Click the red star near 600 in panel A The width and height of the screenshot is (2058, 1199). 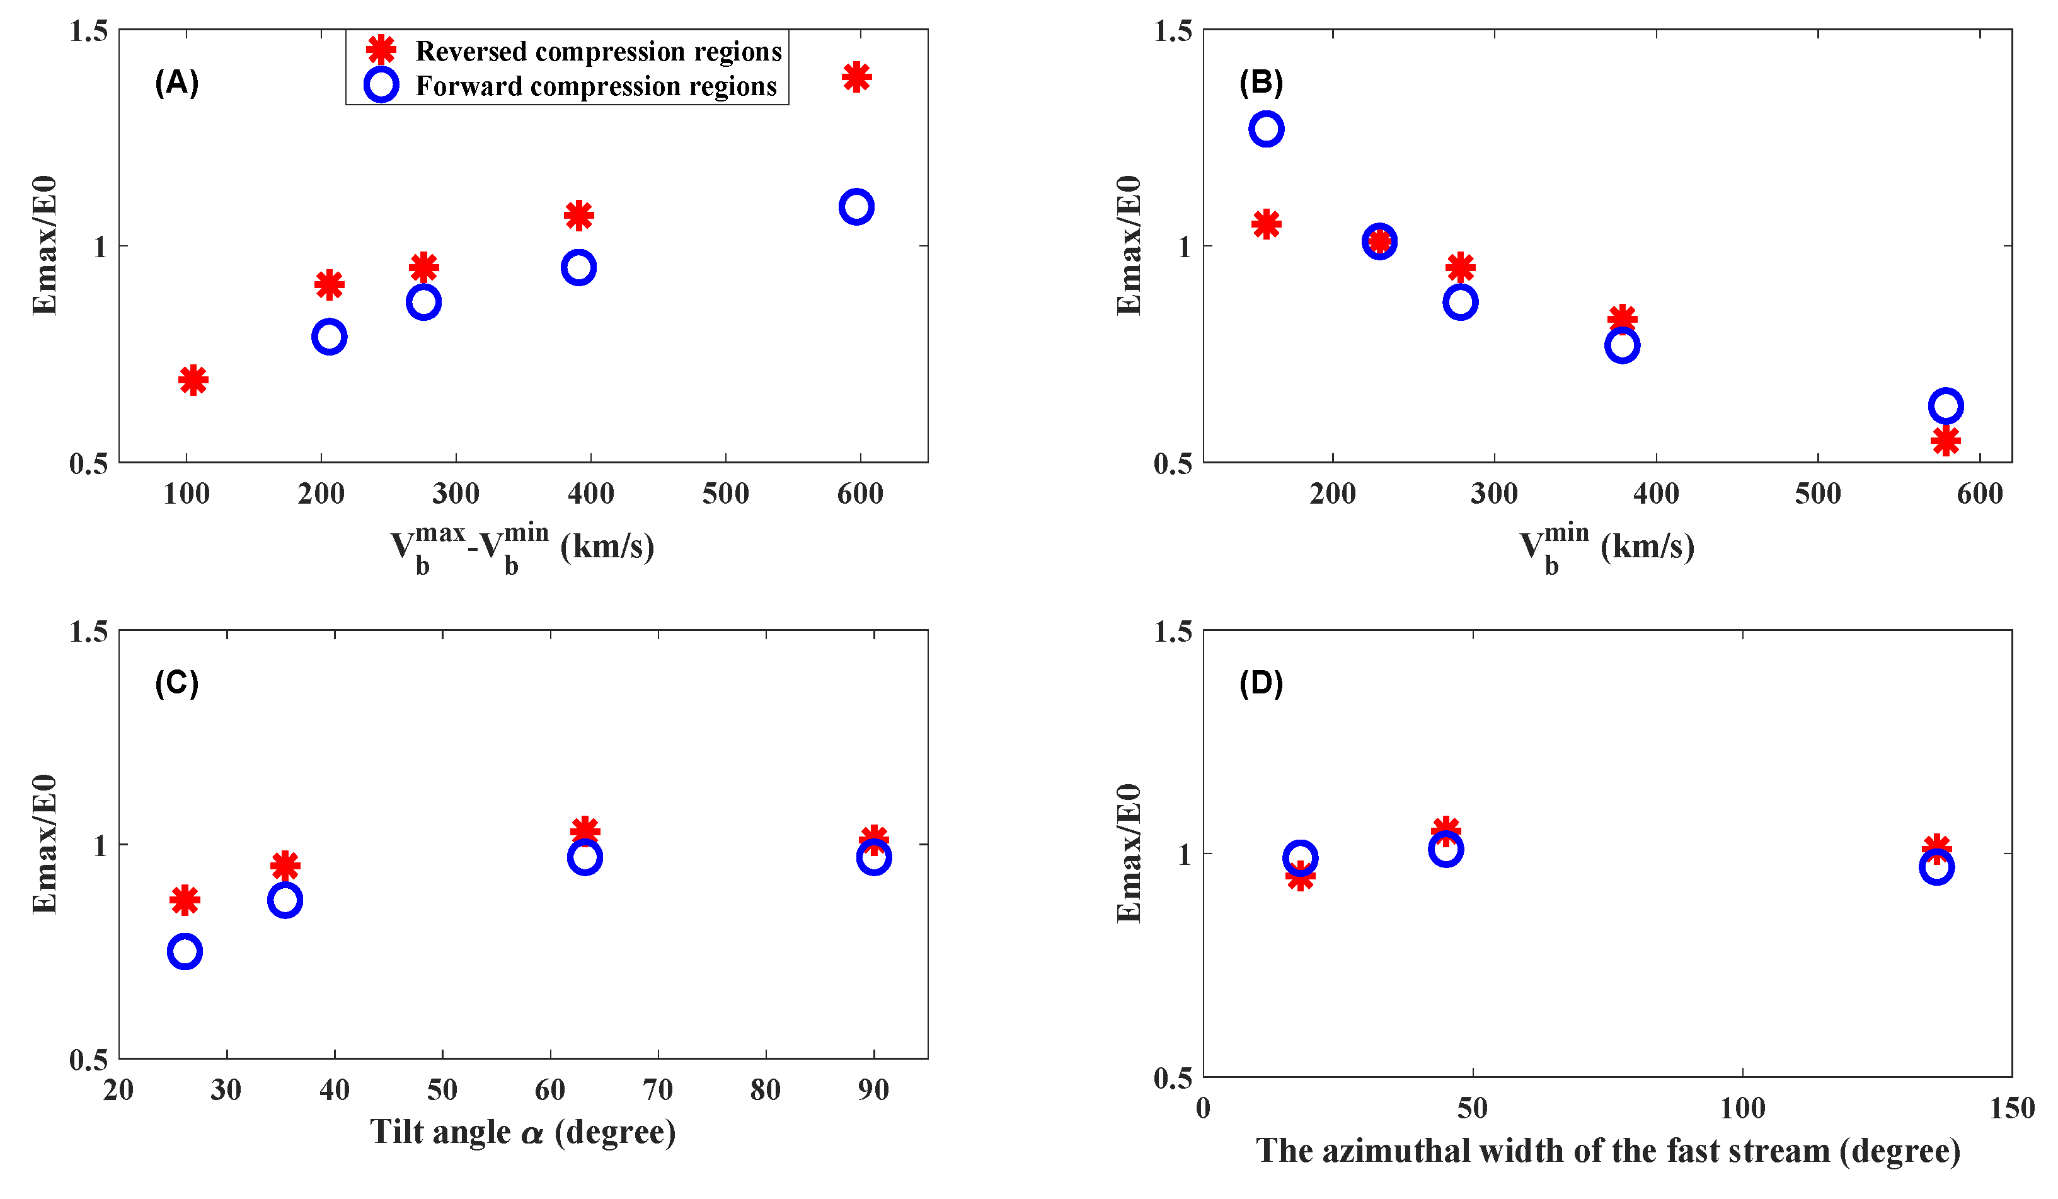856,78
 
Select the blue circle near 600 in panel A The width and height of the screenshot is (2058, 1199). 856,207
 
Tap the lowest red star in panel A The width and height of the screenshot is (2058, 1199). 193,379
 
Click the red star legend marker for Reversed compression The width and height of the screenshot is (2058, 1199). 381,50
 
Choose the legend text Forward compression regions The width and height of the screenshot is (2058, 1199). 596,86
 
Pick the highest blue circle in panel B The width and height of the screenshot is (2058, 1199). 1266,129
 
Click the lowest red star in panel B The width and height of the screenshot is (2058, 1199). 1945,441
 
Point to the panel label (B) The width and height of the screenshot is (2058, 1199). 1261,83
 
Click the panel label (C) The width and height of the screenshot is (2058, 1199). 176,683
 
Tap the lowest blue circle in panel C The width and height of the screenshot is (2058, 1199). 185,951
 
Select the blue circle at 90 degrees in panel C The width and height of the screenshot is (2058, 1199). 874,857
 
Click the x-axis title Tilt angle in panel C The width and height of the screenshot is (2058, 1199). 522,1132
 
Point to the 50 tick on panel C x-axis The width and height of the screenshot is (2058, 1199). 442,1089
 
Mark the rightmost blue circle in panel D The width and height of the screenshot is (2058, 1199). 1936,867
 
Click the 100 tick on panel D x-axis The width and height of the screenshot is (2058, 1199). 1742,1108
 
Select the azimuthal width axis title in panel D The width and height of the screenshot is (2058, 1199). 1607,1151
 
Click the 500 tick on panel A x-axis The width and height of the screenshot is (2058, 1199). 725,494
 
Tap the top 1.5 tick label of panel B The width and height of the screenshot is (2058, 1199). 1173,31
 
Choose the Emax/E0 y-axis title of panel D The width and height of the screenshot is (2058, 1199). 1129,854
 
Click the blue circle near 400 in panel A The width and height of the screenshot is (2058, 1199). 578,267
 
